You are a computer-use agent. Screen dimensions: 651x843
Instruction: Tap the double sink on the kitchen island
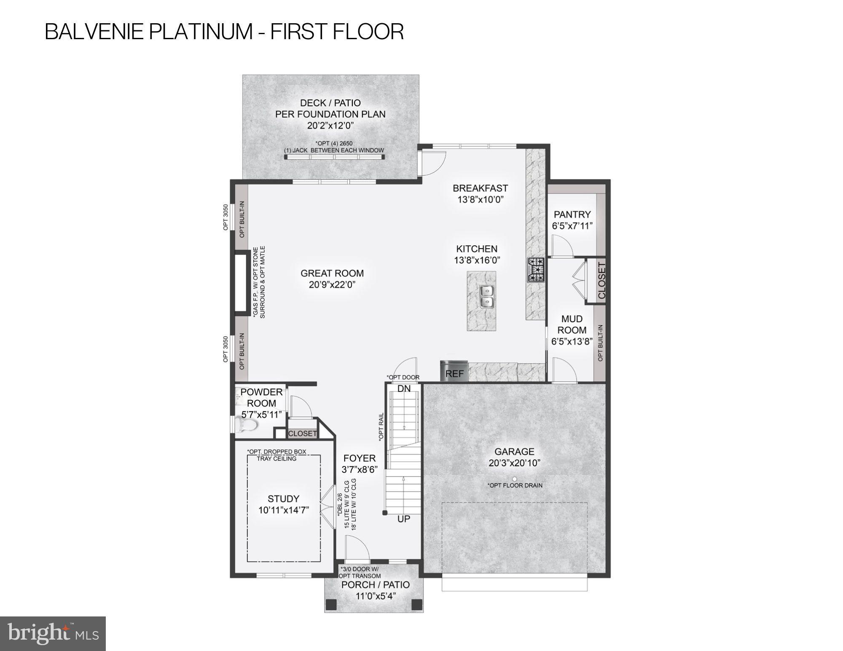487,296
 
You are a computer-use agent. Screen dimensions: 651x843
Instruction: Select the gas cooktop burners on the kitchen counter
535,270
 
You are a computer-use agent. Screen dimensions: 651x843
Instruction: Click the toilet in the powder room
247,425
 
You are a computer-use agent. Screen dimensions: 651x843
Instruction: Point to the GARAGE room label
514,452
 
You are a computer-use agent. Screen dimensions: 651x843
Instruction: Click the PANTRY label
572,214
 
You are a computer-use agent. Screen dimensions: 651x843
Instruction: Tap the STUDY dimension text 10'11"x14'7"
284,510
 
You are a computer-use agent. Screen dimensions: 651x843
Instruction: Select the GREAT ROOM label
332,273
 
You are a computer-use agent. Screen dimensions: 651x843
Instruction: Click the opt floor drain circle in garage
514,479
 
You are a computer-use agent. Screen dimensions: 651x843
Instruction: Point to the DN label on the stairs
404,388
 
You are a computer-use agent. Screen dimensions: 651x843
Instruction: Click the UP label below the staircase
404,519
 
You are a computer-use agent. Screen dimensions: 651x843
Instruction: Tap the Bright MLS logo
53,633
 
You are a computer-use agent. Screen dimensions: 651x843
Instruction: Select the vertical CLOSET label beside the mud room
601,280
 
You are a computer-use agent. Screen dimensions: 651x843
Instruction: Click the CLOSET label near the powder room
303,433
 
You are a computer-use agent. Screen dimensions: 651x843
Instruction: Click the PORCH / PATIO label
375,585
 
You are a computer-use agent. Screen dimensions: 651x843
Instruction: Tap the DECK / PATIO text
330,103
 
